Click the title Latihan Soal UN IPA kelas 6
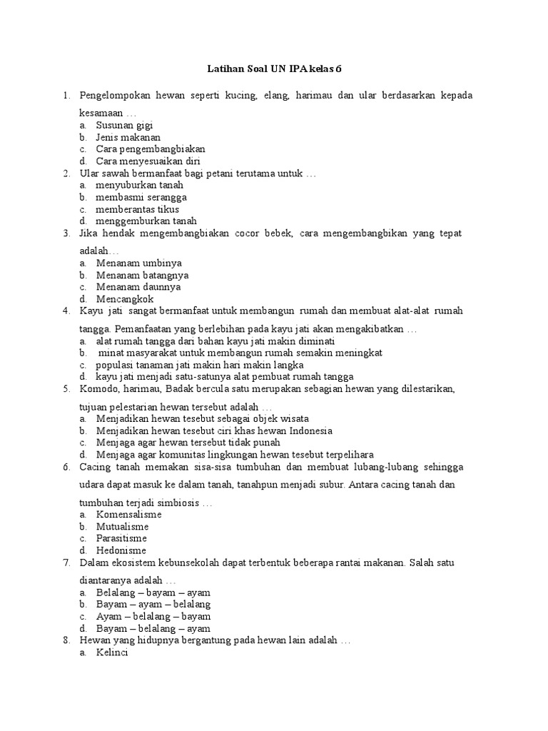(274, 69)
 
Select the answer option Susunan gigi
(124, 125)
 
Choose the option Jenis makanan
(128, 137)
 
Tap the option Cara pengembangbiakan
(151, 149)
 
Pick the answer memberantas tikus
(137, 209)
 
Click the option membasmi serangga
(141, 197)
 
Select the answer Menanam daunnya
(138, 287)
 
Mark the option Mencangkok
(125, 299)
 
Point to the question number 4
(66, 311)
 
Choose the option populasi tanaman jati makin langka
(194, 365)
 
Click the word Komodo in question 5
(97, 389)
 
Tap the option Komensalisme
(128, 514)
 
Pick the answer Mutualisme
(122, 526)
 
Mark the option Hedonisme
(121, 550)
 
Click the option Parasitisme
(122, 538)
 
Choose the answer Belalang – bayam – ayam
(153, 593)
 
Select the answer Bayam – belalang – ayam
(153, 629)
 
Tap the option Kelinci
(111, 653)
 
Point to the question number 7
(66, 563)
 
